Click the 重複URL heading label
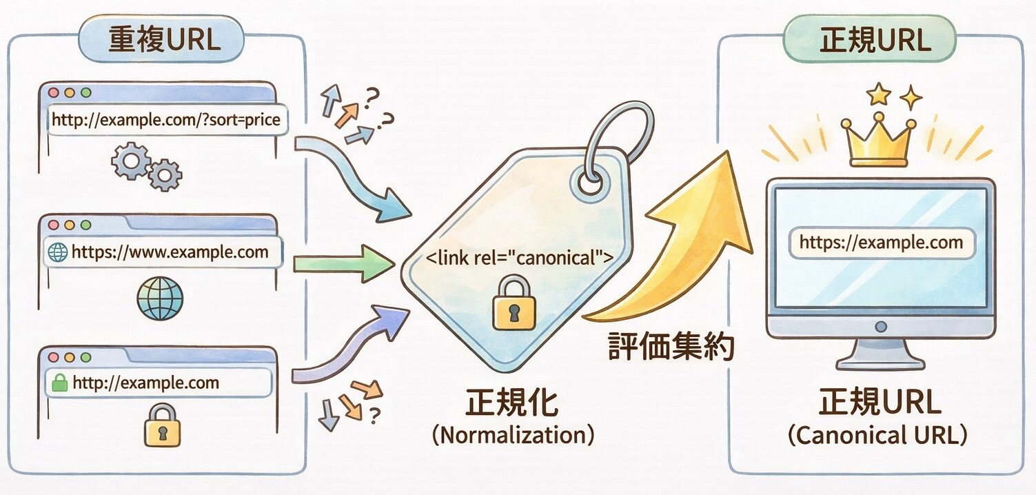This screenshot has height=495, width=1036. (x=163, y=40)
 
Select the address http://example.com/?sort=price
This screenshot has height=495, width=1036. (x=166, y=120)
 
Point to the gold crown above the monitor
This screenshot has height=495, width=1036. (x=877, y=141)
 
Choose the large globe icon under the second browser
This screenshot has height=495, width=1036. (x=161, y=299)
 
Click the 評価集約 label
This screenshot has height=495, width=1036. (x=671, y=346)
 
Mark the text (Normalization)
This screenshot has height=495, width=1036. (x=513, y=436)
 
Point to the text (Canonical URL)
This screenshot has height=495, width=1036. (x=877, y=436)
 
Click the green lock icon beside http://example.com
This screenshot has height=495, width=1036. (x=60, y=383)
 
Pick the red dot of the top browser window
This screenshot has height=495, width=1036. (x=52, y=92)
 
